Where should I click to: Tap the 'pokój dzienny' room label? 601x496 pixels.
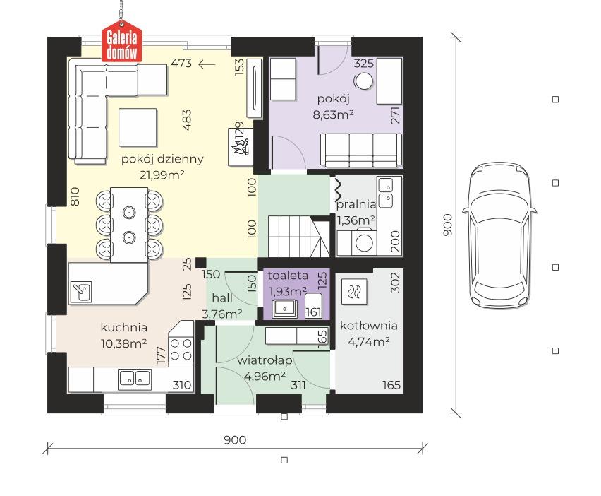click(162, 159)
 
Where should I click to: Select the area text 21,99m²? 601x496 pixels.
click(162, 175)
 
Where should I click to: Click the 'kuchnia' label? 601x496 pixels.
click(124, 327)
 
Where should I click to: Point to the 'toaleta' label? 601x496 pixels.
click(288, 276)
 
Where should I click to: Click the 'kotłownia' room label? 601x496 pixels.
click(369, 326)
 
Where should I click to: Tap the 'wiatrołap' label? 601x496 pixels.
click(265, 360)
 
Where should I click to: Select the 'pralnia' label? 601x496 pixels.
click(356, 204)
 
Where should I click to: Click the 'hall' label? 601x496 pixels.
click(222, 298)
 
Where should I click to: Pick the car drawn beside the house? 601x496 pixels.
click(499, 236)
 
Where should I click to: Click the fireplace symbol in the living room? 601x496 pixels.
click(241, 147)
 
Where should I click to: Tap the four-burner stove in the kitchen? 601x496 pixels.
click(181, 349)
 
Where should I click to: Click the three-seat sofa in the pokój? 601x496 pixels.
click(361, 150)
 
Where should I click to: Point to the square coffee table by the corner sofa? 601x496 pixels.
click(138, 127)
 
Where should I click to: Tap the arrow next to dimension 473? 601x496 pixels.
click(207, 64)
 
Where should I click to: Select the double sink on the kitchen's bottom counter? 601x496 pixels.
click(134, 379)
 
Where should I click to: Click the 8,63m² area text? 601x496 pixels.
click(333, 114)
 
